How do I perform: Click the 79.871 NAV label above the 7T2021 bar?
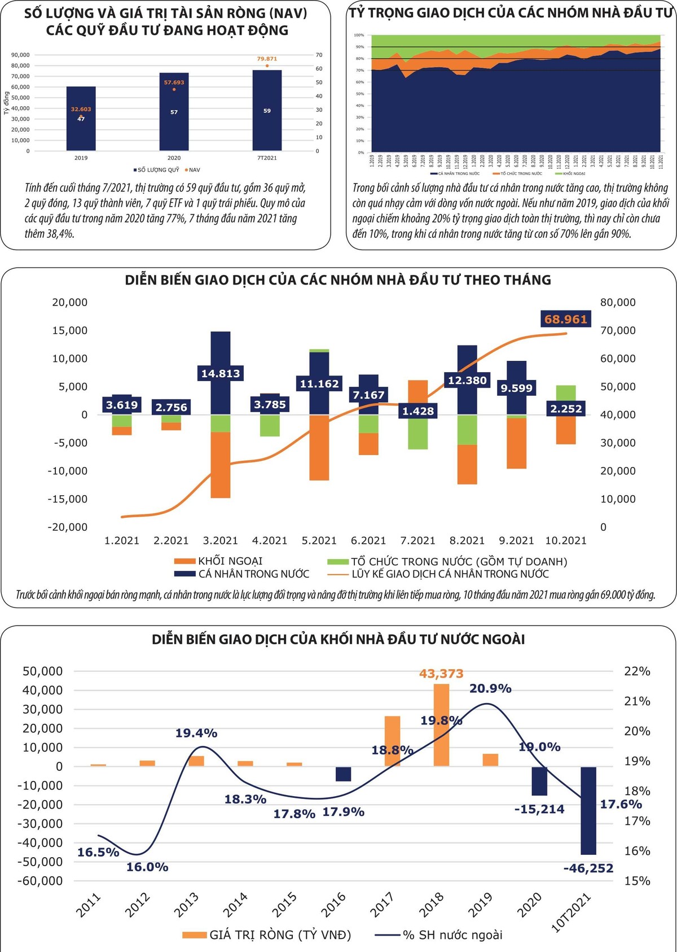pyautogui.click(x=267, y=59)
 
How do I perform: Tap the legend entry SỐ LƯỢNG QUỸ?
pyautogui.click(x=156, y=170)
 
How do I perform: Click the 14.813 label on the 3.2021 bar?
pyautogui.click(x=221, y=373)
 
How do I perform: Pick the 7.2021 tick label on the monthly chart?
pyautogui.click(x=417, y=541)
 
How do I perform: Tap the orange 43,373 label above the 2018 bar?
pyautogui.click(x=441, y=674)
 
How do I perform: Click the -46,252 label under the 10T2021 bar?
pyautogui.click(x=588, y=868)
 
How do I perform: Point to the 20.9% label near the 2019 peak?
pyautogui.click(x=490, y=688)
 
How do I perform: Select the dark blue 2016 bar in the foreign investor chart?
pyautogui.click(x=343, y=774)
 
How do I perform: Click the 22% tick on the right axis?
pyautogui.click(x=637, y=671)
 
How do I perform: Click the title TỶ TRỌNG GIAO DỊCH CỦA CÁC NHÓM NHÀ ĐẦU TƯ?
pyautogui.click(x=511, y=12)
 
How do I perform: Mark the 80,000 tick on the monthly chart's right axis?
pyautogui.click(x=618, y=303)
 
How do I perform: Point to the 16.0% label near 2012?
pyautogui.click(x=147, y=867)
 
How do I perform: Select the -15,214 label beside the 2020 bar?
pyautogui.click(x=539, y=809)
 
